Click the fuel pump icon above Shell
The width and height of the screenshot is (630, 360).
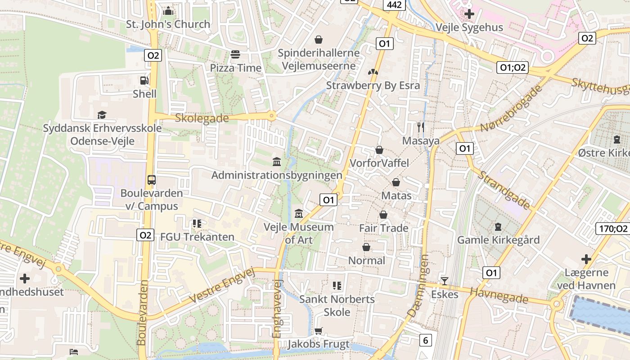(x=144, y=81)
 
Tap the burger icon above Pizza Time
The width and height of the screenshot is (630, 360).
(x=235, y=55)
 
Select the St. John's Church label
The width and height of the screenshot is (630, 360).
(x=168, y=24)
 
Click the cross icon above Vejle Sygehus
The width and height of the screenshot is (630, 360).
(x=469, y=14)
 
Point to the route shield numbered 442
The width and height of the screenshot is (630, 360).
(x=395, y=5)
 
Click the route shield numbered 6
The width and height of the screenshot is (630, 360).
(x=425, y=341)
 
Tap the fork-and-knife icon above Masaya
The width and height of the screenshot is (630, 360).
(x=421, y=127)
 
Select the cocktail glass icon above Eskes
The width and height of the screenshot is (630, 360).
(x=445, y=281)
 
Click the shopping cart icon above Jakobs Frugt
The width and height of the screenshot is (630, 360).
(x=319, y=331)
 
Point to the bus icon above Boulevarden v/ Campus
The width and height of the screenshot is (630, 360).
(x=152, y=180)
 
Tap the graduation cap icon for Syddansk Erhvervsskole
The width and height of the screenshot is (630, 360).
(x=102, y=115)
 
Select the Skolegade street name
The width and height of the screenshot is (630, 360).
(x=202, y=118)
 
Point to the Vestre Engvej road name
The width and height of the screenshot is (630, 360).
(x=222, y=286)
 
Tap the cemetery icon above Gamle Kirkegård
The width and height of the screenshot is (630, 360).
(x=498, y=226)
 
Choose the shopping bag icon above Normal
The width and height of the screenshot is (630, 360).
(x=366, y=247)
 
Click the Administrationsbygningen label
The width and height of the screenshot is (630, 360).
(x=277, y=175)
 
